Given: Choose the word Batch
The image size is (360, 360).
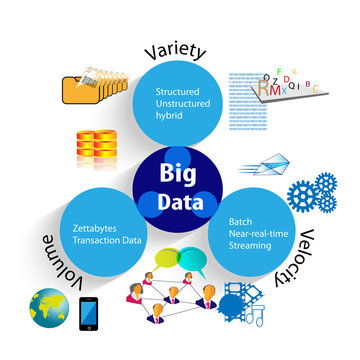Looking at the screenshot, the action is point(239,221).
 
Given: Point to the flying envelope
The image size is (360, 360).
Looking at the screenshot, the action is point(276,160).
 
